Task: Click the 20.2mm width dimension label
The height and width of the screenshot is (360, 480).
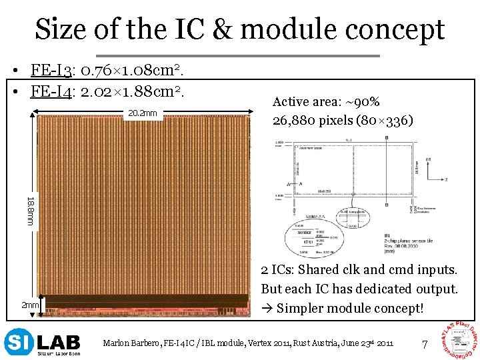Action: click(x=142, y=113)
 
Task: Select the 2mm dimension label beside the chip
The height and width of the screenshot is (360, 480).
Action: click(x=29, y=305)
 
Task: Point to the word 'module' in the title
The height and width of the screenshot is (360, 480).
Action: click(x=289, y=30)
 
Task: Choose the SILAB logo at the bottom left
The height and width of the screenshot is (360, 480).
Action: click(x=42, y=342)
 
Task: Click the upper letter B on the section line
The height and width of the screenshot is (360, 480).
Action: click(x=387, y=138)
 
